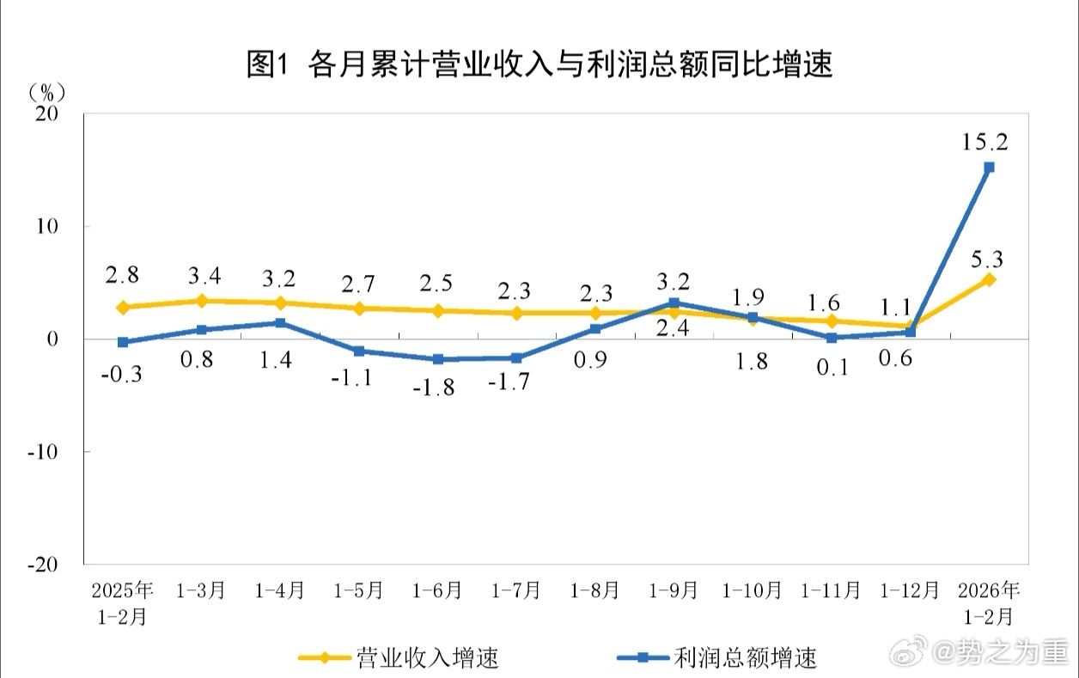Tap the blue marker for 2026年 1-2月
(989, 168)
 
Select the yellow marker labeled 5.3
(989, 279)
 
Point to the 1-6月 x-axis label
(437, 591)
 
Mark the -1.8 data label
(433, 388)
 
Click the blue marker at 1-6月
(438, 359)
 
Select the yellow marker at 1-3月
(201, 301)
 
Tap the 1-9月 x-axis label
(674, 591)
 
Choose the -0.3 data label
(123, 376)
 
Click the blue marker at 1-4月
(280, 323)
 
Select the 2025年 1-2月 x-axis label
(123, 603)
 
